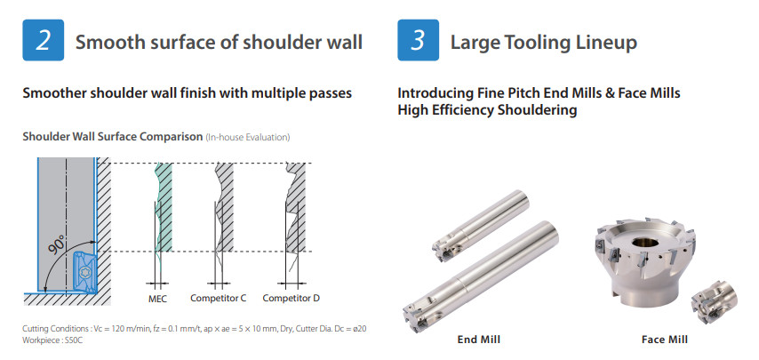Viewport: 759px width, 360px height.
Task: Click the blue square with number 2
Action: [x=43, y=40]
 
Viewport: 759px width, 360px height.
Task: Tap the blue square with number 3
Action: [x=419, y=40]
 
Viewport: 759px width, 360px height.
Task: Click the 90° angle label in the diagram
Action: [x=58, y=246]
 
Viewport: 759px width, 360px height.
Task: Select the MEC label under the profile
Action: [x=157, y=299]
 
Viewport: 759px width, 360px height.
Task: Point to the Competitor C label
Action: [x=219, y=298]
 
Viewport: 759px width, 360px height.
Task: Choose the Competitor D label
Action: [x=291, y=298]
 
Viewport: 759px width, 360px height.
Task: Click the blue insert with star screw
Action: [x=83, y=272]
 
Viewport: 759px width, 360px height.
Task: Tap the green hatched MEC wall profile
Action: [x=164, y=207]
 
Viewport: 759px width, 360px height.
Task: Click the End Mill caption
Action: [x=479, y=340]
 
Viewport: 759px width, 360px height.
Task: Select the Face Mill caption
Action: [x=665, y=340]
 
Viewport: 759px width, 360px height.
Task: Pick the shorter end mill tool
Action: [x=481, y=225]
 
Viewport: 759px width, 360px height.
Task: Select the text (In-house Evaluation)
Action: [x=248, y=138]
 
